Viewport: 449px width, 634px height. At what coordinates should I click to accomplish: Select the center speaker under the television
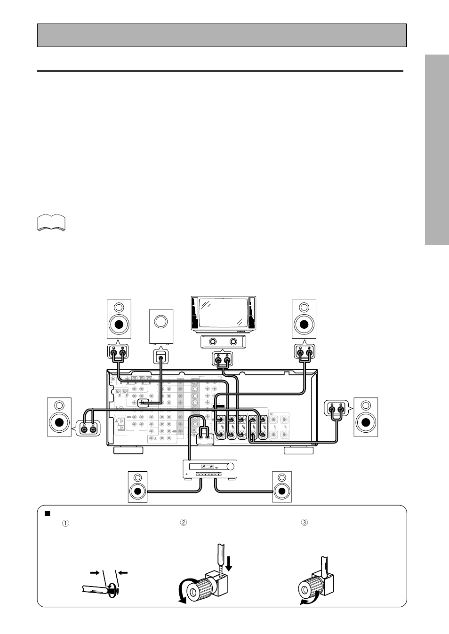pyautogui.click(x=223, y=342)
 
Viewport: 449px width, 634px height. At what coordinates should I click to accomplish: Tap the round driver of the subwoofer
pyautogui.click(x=160, y=322)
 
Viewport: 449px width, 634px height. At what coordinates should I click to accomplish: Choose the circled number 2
pyautogui.click(x=184, y=522)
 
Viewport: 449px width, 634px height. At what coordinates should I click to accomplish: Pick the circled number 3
pyautogui.click(x=304, y=522)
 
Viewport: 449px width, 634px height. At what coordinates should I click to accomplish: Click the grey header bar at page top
pyautogui.click(x=222, y=35)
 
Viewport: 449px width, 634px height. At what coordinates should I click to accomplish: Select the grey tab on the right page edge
pyautogui.click(x=436, y=150)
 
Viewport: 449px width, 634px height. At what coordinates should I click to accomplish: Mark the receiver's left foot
pyautogui.click(x=128, y=451)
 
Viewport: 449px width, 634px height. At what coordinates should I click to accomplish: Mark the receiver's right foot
pyautogui.click(x=299, y=451)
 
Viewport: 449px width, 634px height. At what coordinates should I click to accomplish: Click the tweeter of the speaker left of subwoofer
pyautogui.click(x=119, y=308)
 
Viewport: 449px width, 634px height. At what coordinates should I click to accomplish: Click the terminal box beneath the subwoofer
pyautogui.click(x=161, y=357)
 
